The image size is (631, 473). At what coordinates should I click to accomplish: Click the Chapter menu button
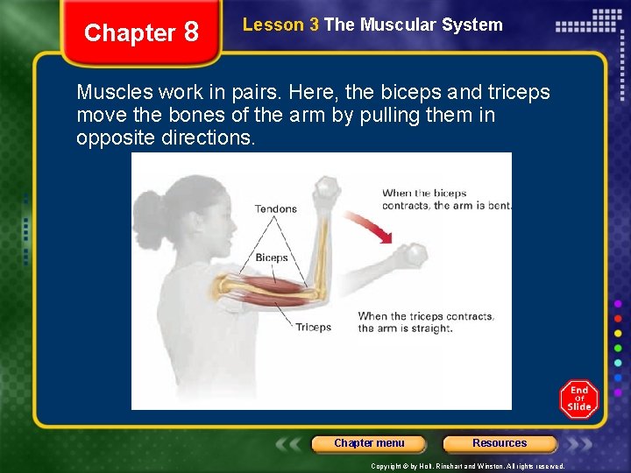(x=369, y=443)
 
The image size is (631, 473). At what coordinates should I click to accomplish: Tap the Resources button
(x=500, y=443)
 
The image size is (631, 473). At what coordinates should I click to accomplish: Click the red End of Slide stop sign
(x=579, y=399)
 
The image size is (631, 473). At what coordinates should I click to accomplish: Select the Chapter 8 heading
(x=141, y=33)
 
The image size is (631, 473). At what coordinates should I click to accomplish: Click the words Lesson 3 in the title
(x=280, y=25)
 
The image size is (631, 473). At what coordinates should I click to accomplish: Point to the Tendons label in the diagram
(x=275, y=208)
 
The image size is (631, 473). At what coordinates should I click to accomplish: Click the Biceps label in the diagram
(x=272, y=258)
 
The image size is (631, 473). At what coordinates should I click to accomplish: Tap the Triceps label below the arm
(x=313, y=327)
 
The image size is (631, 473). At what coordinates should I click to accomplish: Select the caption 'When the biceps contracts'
(x=446, y=200)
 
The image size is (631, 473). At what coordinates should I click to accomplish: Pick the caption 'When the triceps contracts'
(x=426, y=322)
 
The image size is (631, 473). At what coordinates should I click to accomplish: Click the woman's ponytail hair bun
(x=150, y=211)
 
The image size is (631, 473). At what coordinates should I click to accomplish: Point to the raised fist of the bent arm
(x=326, y=188)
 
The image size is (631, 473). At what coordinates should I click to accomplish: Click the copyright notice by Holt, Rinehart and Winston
(x=467, y=466)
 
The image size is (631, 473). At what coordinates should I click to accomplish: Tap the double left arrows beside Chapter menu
(x=291, y=443)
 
